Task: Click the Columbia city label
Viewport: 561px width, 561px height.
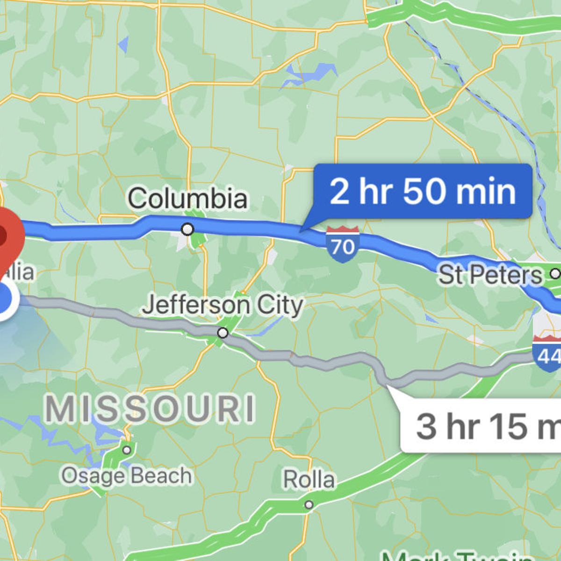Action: point(187,198)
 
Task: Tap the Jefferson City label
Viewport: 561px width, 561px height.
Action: point(223,305)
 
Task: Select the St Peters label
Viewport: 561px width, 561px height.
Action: point(490,275)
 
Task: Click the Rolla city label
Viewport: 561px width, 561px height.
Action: point(309,480)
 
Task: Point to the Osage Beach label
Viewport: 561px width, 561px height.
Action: point(127,476)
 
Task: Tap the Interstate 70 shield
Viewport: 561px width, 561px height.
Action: point(343,244)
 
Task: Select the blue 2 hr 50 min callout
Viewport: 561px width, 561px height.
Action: point(423,191)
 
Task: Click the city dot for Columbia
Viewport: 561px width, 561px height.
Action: point(188,229)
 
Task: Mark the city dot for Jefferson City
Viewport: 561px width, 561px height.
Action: point(223,333)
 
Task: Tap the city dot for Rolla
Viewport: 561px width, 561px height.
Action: point(309,505)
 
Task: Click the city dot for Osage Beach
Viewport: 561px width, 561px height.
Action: point(127,450)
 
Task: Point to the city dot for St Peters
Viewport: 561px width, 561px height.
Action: point(555,273)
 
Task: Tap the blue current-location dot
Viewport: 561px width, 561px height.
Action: point(6,299)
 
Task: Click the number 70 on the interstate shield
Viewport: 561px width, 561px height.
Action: point(343,246)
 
